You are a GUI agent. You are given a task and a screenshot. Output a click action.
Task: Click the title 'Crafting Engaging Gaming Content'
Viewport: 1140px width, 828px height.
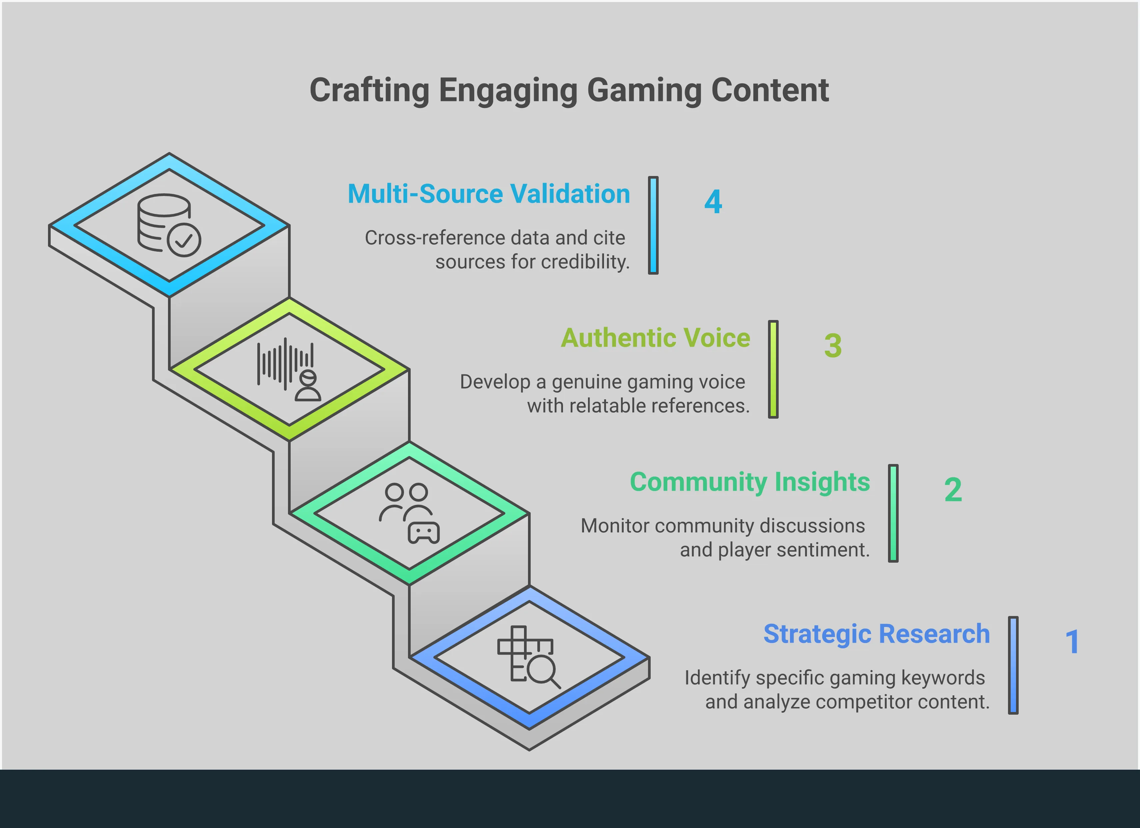pyautogui.click(x=569, y=90)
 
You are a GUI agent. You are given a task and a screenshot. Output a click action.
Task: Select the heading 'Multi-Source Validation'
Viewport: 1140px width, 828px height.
pyautogui.click(x=489, y=194)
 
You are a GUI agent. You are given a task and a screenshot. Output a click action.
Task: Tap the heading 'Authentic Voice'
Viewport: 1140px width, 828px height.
pyautogui.click(x=655, y=338)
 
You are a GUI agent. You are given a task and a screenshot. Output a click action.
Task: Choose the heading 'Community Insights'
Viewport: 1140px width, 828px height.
pyautogui.click(x=749, y=482)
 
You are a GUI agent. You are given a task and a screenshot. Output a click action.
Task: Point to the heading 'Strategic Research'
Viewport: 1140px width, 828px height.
pyautogui.click(x=876, y=634)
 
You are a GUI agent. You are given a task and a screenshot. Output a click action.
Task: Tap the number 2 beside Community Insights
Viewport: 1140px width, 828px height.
pyautogui.click(x=953, y=490)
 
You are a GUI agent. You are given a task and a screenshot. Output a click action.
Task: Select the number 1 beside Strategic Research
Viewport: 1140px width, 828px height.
pyautogui.click(x=1072, y=642)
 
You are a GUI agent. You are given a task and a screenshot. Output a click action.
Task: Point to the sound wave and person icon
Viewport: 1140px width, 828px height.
pyautogui.click(x=289, y=370)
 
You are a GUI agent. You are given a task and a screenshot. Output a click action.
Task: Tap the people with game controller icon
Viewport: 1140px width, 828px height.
pyautogui.click(x=409, y=513)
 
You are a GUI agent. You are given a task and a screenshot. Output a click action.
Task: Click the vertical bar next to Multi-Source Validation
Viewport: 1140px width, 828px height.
pyautogui.click(x=653, y=225)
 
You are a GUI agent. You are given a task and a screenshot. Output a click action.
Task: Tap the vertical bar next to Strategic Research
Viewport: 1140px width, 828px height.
pyautogui.click(x=1013, y=665)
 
